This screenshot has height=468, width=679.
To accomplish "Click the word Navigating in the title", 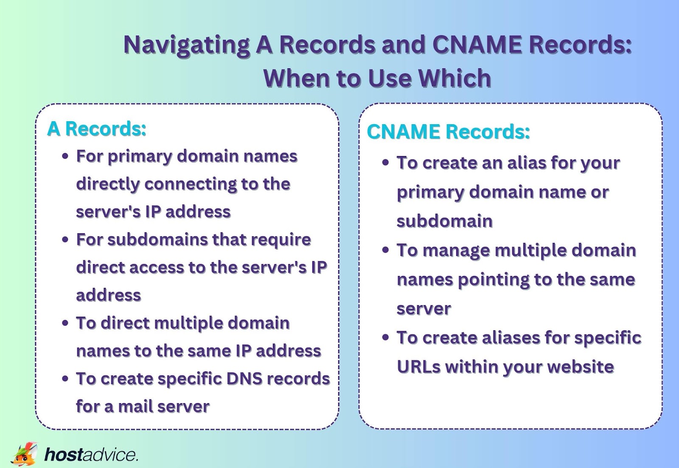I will (186, 45).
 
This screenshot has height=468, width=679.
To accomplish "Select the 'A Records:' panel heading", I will (97, 129).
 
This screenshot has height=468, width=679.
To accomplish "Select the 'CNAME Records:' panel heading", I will (448, 132).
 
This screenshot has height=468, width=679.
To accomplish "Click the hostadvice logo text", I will (91, 454).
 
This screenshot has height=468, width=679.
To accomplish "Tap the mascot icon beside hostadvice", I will (24, 454).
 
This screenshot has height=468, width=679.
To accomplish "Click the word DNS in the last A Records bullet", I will (243, 379).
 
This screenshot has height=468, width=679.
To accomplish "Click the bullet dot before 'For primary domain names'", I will (65, 156).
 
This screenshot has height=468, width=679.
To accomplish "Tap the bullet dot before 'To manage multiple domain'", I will (385, 250).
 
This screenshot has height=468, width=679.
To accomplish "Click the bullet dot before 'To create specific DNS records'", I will (65, 379).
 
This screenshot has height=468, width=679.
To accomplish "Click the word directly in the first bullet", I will (107, 184).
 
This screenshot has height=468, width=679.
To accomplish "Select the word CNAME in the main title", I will (477, 45).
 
